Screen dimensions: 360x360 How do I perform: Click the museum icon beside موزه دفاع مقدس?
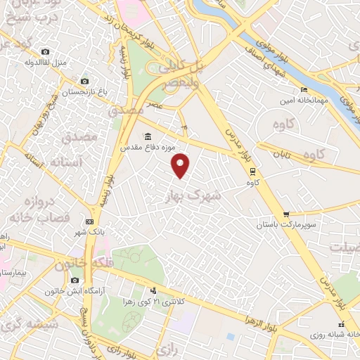(148, 136)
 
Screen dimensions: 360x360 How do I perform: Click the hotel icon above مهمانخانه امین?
(304, 90)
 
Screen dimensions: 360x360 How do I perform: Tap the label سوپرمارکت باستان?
(287, 224)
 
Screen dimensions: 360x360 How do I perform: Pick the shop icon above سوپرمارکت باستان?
(285, 214)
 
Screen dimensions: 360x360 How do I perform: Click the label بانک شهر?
(90, 231)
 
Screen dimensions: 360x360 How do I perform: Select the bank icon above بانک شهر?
(89, 221)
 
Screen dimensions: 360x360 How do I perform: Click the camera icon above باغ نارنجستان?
(84, 82)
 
